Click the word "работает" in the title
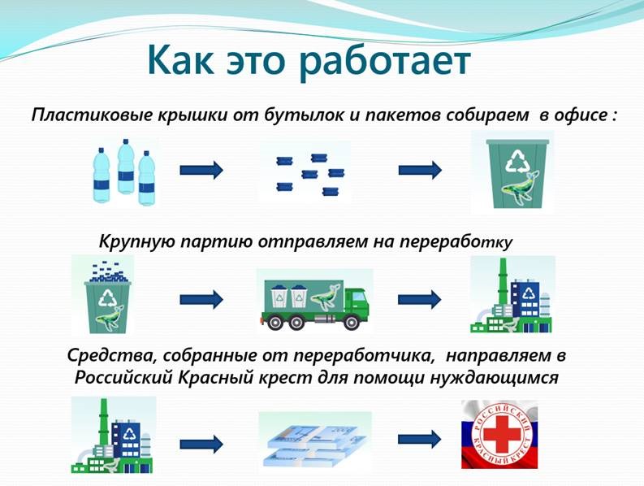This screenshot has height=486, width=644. pyautogui.click(x=384, y=63)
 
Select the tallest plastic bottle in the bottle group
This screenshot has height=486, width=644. pyautogui.click(x=126, y=166)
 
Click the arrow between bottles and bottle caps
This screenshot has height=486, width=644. pyautogui.click(x=201, y=170)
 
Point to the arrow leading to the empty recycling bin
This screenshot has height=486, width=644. pyautogui.click(x=420, y=170)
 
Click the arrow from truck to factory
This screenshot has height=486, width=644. pyautogui.click(x=419, y=299)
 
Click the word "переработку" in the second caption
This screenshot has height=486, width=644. pyautogui.click(x=456, y=241)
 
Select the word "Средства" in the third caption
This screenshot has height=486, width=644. pyautogui.click(x=110, y=356)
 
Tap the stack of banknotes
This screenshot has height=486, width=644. pyautogui.click(x=315, y=441)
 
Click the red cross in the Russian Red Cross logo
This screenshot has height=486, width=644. pyautogui.click(x=499, y=435)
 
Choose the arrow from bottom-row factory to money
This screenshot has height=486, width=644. pyautogui.click(x=201, y=444)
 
